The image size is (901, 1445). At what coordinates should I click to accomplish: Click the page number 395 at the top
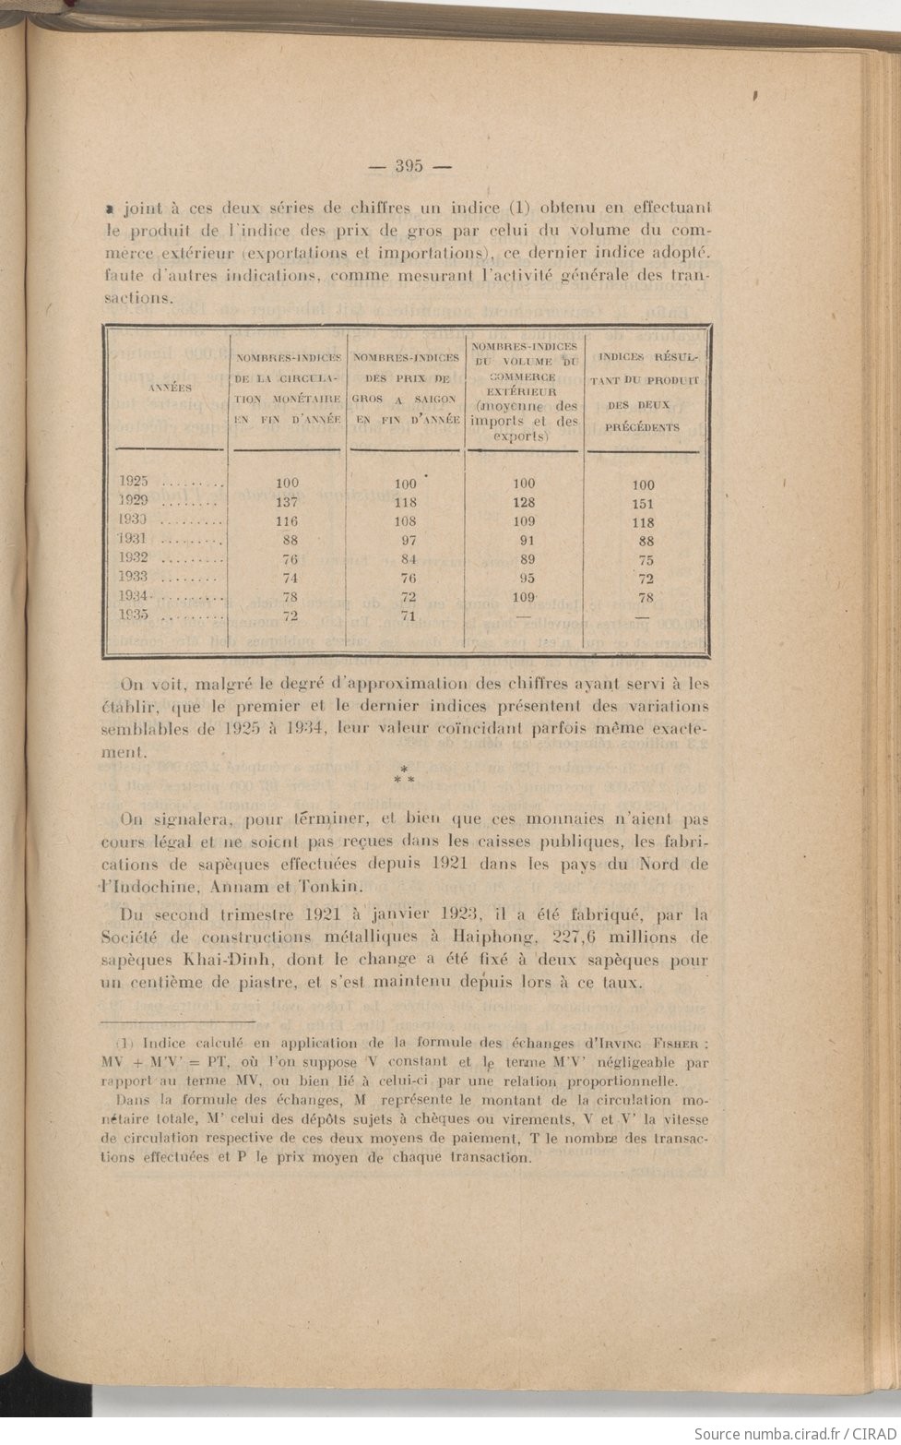coord(409,167)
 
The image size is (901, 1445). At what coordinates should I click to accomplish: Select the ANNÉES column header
coord(170,388)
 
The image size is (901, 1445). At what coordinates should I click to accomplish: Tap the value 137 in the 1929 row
coord(287,503)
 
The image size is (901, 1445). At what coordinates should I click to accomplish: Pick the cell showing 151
coord(643,504)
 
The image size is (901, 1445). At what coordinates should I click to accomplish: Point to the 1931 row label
coord(136,540)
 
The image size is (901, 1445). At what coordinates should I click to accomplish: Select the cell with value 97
coord(406,540)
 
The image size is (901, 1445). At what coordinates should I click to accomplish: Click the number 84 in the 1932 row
coord(406,559)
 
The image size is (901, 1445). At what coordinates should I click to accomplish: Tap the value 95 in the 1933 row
coord(524,579)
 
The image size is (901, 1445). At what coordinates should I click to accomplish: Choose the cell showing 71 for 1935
coord(406,616)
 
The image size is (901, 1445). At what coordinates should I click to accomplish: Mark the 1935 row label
coord(136,616)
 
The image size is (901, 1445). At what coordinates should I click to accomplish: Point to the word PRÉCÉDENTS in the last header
coord(643,427)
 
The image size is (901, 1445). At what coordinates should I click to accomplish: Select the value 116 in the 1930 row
coord(287,521)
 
